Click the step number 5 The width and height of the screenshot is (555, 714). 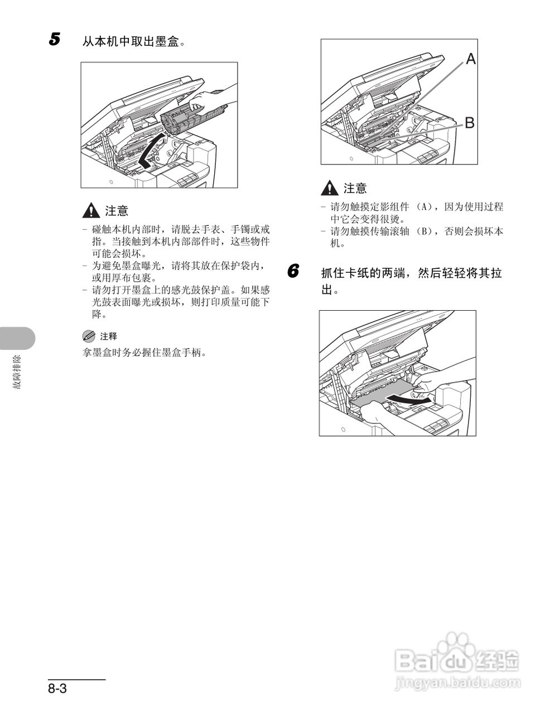54,40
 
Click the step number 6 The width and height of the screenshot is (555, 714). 293,272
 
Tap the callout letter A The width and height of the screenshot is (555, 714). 471,59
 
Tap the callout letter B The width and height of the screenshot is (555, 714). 470,123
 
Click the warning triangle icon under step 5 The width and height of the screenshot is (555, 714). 90,210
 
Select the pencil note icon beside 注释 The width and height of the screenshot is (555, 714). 89,336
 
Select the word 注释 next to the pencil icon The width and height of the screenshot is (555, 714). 108,336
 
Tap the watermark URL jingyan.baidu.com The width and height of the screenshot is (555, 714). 457,682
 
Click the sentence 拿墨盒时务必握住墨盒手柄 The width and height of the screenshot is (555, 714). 144,353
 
